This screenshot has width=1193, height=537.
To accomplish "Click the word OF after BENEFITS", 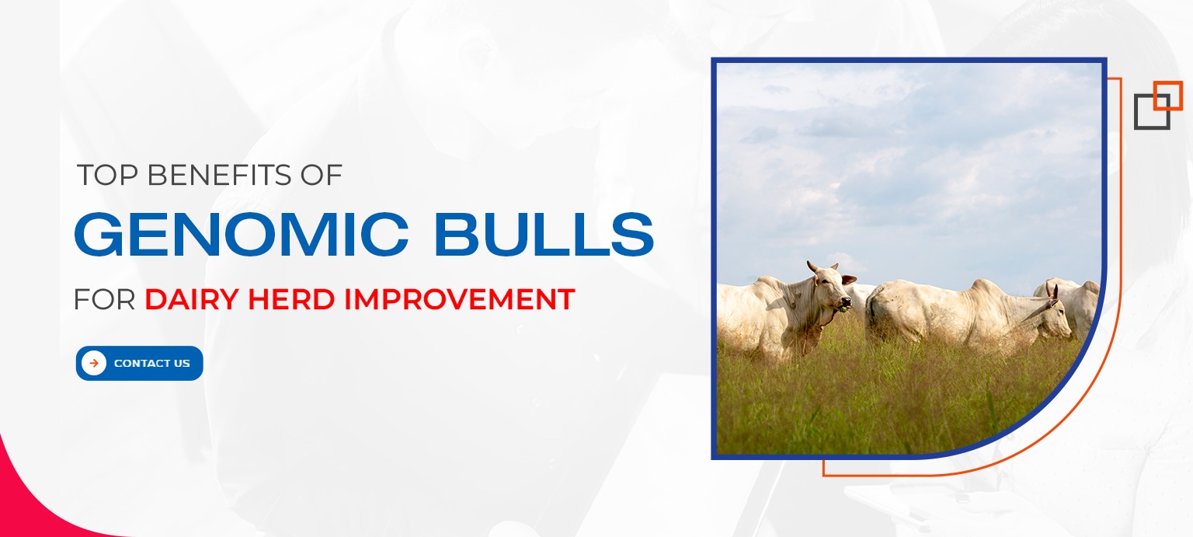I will coord(322,176).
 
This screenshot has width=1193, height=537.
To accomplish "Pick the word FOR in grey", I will coord(104,299).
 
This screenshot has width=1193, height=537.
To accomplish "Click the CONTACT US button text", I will coord(151,364).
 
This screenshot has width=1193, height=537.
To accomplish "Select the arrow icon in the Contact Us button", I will coord(94,363).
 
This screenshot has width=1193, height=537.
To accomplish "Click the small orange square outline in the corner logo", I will coord(1167,95).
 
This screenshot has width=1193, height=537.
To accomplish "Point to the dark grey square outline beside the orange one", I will coord(1150,113).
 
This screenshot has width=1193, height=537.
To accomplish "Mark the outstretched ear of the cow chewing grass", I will coord(849,279).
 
